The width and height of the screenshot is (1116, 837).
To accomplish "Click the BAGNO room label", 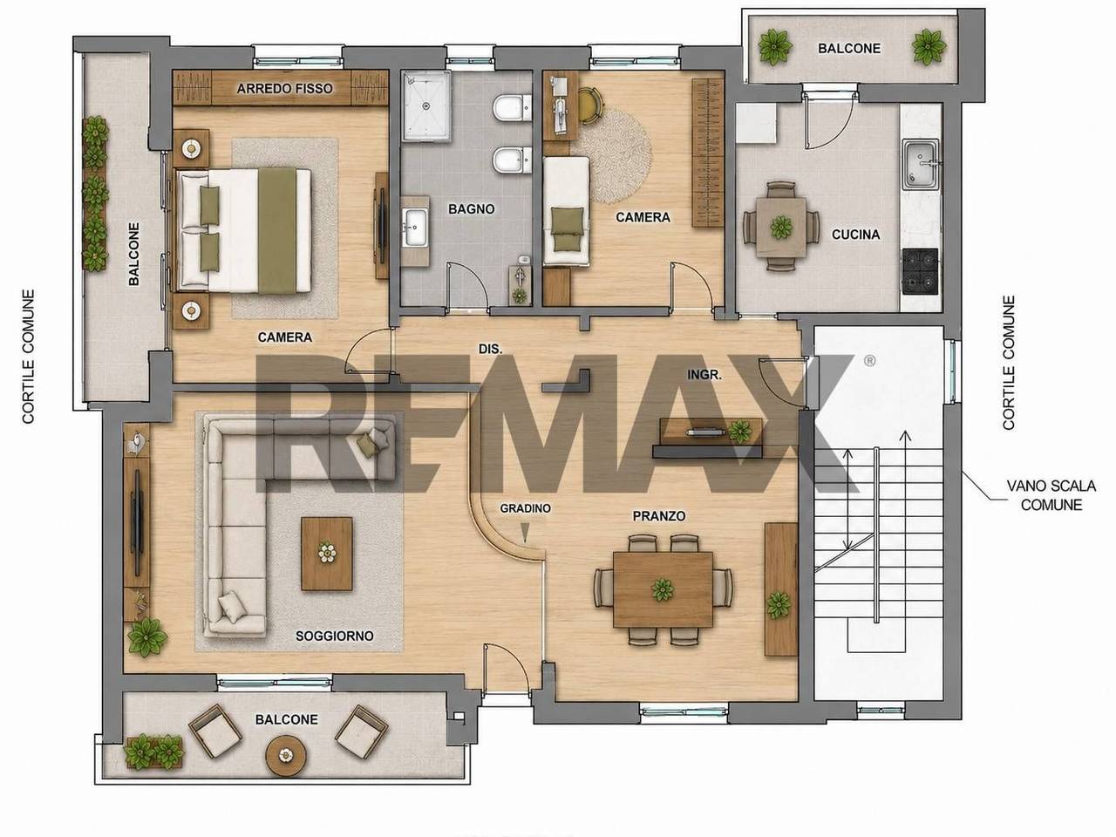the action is point(472,209).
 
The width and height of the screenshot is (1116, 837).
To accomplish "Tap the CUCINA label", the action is point(855,235).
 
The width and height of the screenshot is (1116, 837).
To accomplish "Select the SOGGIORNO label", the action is point(335,636).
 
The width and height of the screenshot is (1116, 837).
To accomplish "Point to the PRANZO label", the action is point(659,516).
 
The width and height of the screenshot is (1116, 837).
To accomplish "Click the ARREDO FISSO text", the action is point(285,88).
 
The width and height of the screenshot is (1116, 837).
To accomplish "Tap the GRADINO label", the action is point(525,508).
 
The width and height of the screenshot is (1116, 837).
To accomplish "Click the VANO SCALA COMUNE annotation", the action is point(1051,495).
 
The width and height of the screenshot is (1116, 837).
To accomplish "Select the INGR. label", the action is point(704,375).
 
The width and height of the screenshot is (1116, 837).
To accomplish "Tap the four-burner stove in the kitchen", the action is point(920,271).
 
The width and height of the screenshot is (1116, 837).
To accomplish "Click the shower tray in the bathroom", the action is point(426,105).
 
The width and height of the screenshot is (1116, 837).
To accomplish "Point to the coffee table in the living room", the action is point(327,554).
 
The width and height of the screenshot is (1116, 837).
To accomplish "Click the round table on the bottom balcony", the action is point(286,756).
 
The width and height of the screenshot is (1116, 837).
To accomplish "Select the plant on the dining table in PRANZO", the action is point(663,589).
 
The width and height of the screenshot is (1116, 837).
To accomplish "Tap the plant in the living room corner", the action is point(147,637).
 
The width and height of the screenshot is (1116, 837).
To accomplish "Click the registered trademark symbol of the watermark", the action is point(869,361).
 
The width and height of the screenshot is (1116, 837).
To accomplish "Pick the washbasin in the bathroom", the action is point(416,228).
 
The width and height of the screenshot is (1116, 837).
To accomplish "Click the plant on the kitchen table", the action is point(781,228).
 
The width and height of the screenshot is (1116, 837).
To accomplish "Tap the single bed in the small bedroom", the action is point(567,211).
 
